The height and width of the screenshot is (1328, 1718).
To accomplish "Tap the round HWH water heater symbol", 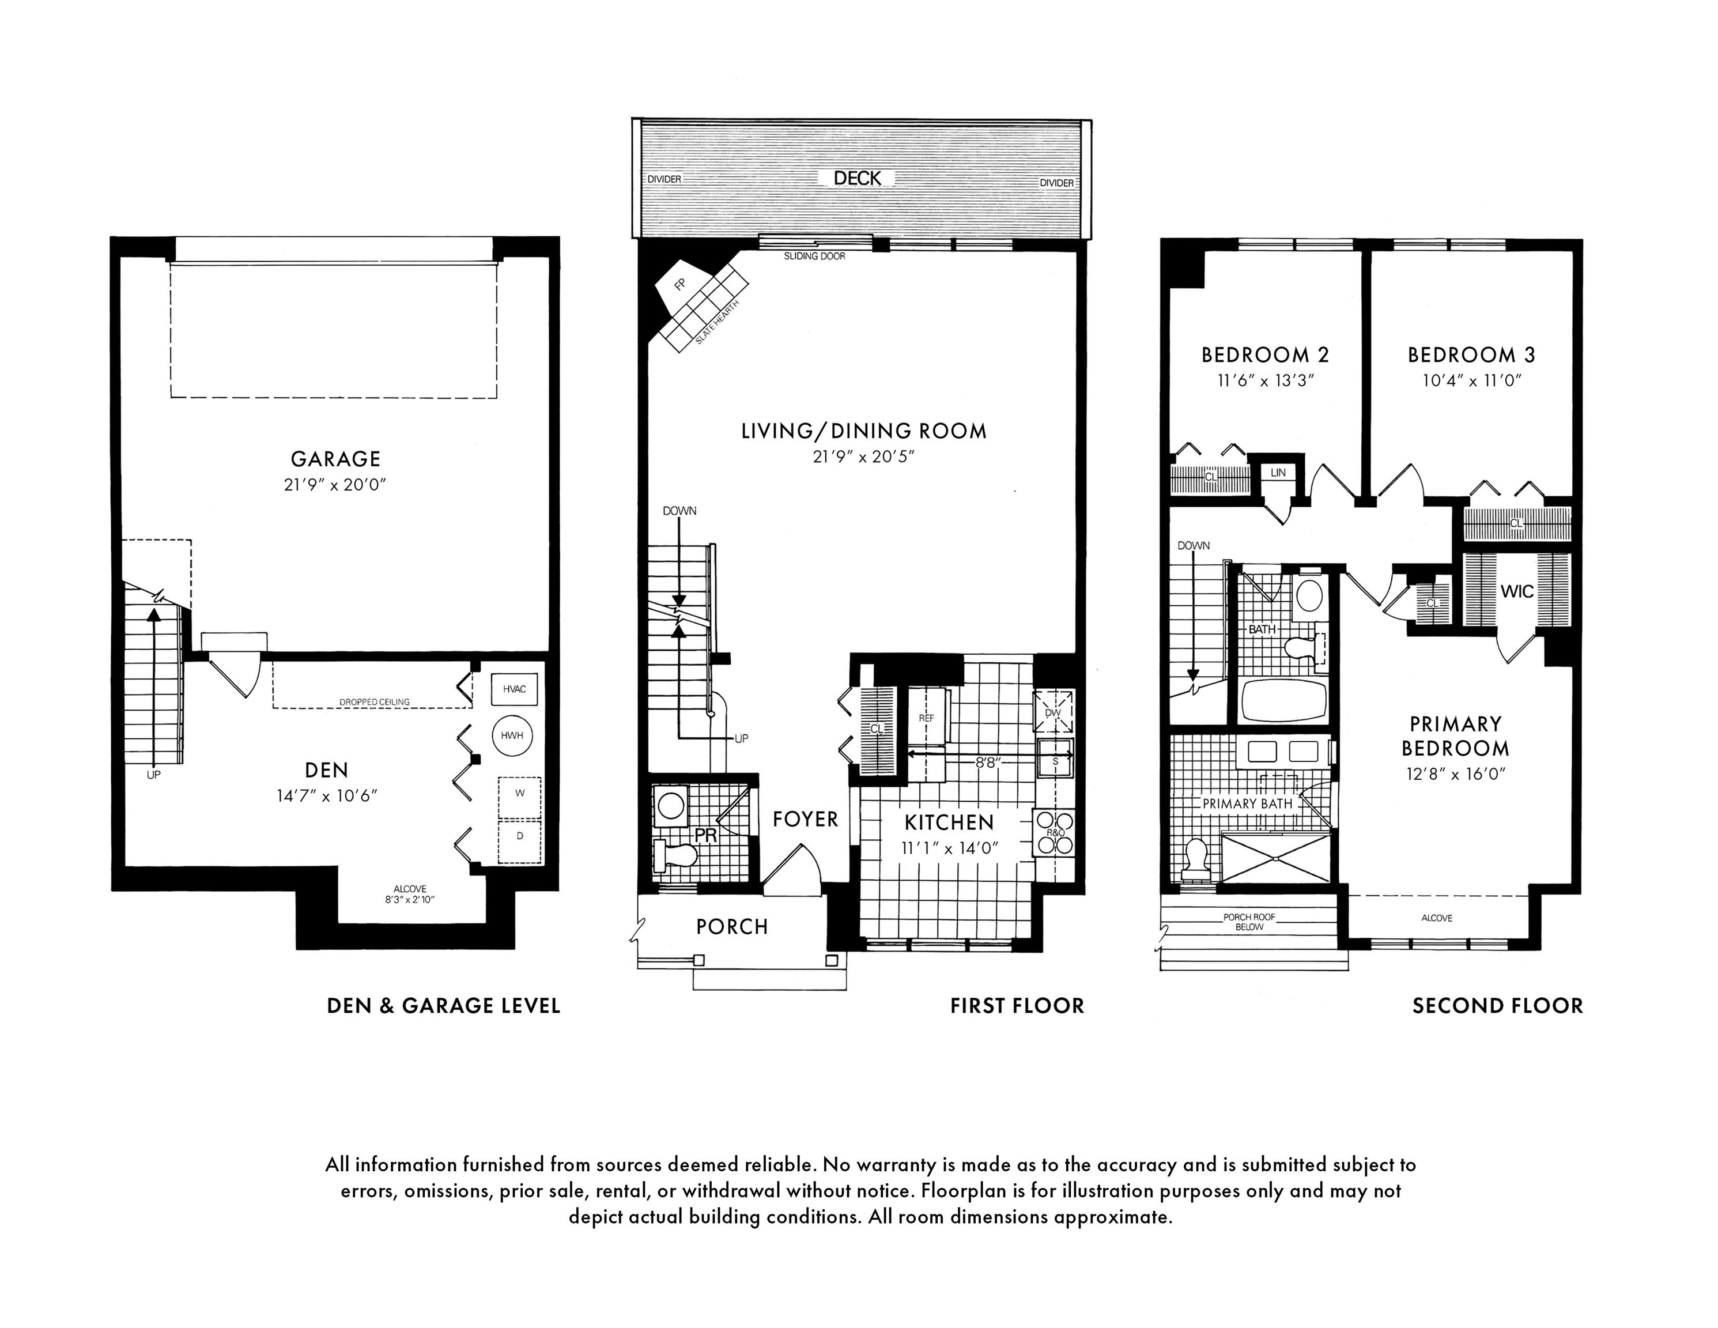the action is click(512, 735).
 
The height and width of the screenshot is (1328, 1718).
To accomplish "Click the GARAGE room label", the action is click(336, 459).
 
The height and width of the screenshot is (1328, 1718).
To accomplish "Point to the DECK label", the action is click(858, 179).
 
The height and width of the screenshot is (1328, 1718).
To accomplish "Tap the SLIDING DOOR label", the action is click(814, 256).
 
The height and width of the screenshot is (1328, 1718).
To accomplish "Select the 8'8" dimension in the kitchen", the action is click(987, 761).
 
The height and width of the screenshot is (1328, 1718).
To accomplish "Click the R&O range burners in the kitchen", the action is click(1054, 832).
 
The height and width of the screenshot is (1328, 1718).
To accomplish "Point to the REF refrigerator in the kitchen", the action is click(927, 718).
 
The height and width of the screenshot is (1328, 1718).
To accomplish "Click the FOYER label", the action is click(806, 819).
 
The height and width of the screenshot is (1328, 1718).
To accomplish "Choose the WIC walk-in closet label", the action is click(1517, 591).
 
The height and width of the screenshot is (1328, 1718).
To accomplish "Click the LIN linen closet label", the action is click(1278, 473).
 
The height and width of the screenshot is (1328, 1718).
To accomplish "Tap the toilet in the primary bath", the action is click(1196, 859).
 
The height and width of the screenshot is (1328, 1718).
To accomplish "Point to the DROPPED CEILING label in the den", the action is click(375, 703).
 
